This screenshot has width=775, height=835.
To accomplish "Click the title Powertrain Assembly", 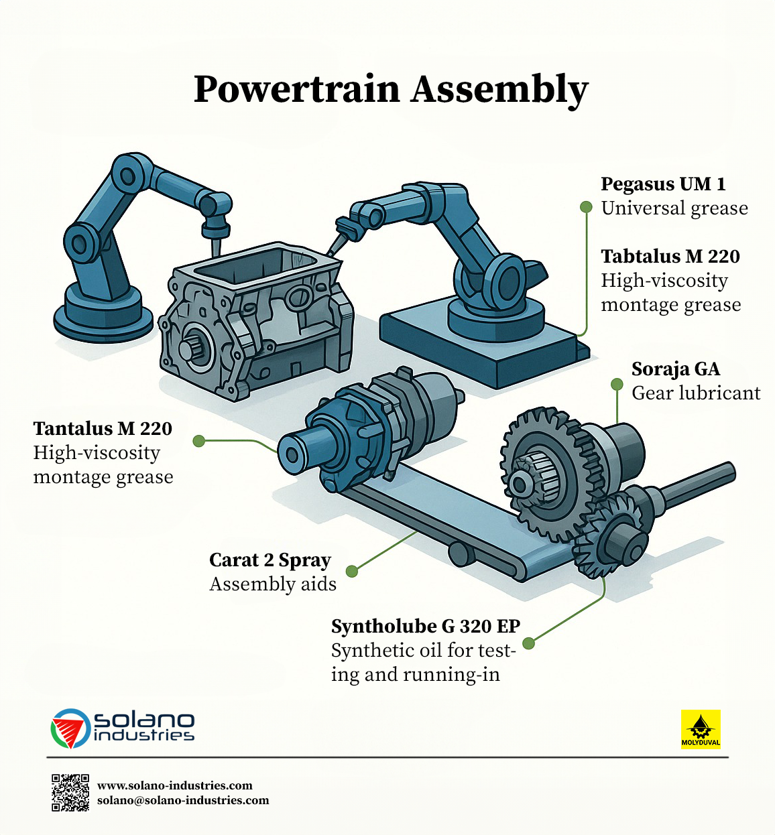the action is (390, 90).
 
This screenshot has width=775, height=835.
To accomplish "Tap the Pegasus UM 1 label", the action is (664, 184).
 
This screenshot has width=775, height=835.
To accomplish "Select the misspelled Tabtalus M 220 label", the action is (670, 257).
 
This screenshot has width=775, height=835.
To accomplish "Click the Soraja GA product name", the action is (676, 369).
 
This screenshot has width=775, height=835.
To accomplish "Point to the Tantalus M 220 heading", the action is (103, 429).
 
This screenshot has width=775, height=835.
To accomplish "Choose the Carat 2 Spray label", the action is (270, 560).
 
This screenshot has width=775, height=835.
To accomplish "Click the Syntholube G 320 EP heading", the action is (426, 627).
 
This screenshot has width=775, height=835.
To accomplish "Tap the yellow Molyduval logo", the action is (701, 730).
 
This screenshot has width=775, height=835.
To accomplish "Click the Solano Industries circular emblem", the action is (70, 728).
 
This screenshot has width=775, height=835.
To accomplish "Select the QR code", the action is (70, 793).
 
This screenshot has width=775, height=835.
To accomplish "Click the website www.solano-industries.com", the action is (174, 785).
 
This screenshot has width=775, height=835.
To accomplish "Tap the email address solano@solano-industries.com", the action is (183, 800).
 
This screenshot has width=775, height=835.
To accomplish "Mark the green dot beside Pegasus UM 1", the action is (586, 207).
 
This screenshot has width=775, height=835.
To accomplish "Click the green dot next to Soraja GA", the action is (617, 384).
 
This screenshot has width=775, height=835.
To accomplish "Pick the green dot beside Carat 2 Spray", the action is (352, 571).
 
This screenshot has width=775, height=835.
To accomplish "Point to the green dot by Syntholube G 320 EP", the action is (528, 643).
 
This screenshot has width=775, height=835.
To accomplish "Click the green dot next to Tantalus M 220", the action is (198, 441).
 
